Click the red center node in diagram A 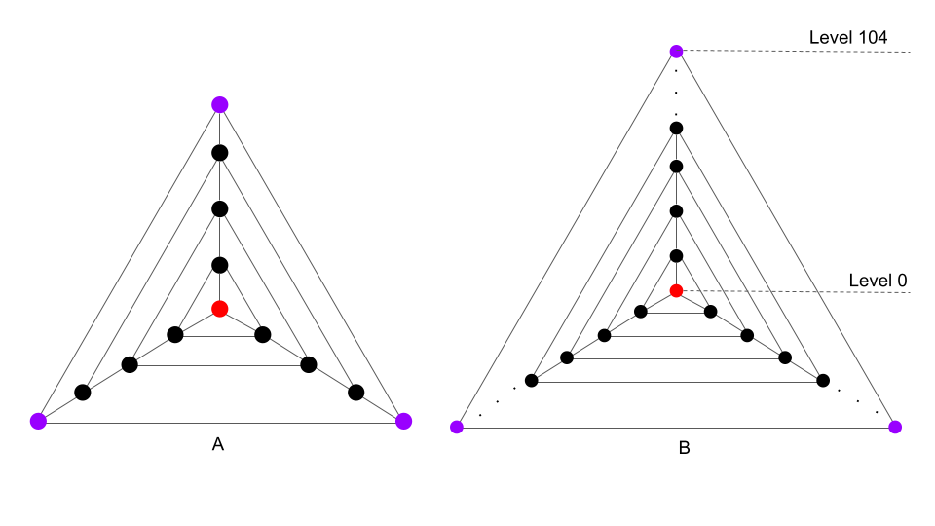220,309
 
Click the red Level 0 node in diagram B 676,290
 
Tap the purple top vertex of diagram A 220,104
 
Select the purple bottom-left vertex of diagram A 38,421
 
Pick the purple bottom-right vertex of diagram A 403,421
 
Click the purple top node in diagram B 676,51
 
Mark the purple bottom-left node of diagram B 456,427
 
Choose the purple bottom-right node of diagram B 895,427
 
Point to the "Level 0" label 878,281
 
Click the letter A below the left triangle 218,444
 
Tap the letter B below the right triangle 684,449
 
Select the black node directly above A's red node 220,265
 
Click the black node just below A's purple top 220,152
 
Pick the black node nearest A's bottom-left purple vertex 83,393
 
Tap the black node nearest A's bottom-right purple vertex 355,393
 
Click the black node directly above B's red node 676,256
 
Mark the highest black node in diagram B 676,128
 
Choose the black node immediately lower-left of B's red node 641,312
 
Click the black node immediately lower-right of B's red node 710,312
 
